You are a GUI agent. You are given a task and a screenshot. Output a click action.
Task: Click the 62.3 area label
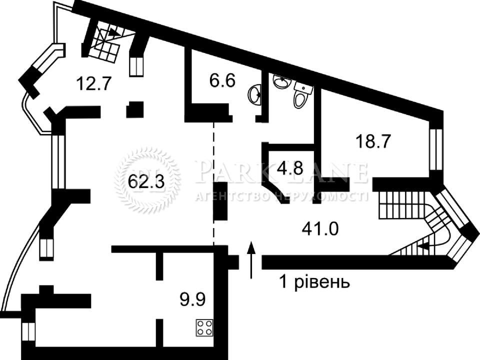pos(146,182)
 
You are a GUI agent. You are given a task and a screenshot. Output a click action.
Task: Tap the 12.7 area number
pos(93,83)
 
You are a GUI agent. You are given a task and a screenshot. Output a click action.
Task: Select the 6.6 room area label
pos(222,81)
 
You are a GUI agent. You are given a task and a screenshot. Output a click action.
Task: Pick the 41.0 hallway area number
pos(320,228)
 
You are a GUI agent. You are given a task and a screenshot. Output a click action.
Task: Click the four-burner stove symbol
pos(204,327)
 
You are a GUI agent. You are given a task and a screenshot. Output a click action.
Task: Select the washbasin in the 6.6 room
pos(255,94)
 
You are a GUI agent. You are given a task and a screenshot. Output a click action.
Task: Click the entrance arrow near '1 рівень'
pos(251,259)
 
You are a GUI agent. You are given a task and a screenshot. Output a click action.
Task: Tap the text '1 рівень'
pos(314,282)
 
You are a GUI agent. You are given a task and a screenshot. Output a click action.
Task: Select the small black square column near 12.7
pos(135,109)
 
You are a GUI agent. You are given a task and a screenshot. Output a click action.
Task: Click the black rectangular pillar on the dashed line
pos(220,201)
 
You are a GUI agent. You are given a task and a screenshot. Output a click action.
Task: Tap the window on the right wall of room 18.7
pos(435,149)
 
